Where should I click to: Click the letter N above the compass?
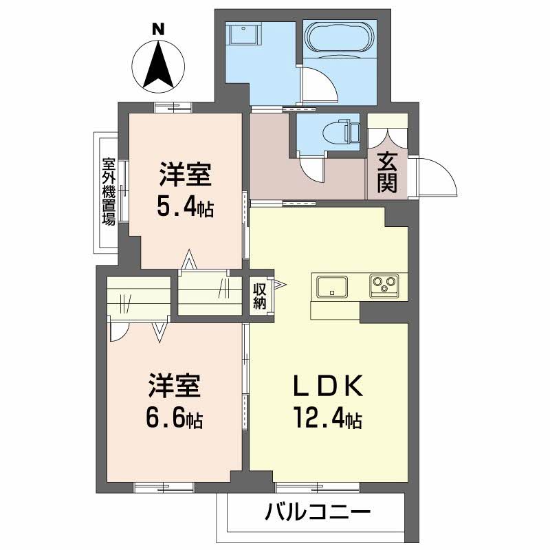pos(158,29)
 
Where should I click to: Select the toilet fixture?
pos(340,131)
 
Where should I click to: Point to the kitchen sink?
pos(333,285)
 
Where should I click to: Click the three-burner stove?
pos(384,285)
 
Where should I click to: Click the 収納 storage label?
pos(258,295)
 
